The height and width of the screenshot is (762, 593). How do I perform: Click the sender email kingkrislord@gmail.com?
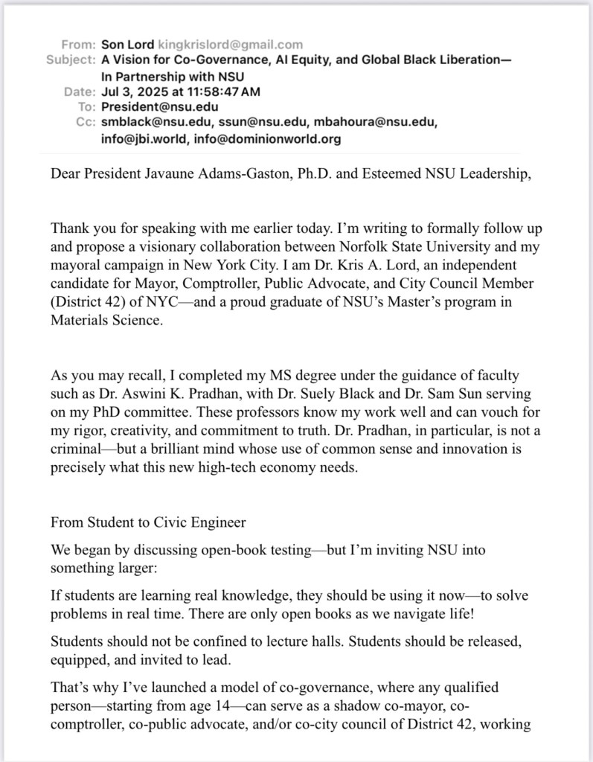(231, 45)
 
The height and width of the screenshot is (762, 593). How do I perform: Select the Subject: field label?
(70, 60)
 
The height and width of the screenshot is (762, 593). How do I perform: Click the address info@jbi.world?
(138, 138)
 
